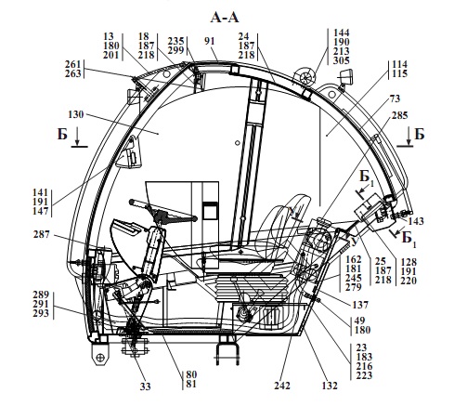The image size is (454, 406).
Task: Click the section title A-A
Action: [x=225, y=18]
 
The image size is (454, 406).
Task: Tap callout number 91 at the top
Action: [x=210, y=41]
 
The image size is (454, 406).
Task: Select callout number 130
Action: [x=76, y=114]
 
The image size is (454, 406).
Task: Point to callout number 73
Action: [x=395, y=98]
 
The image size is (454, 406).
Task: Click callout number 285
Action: [x=400, y=115]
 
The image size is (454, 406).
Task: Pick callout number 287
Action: [x=42, y=234]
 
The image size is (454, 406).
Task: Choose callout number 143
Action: [x=416, y=221]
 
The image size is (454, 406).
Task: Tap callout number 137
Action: [x=360, y=305]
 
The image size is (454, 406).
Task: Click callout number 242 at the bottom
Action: [x=282, y=386]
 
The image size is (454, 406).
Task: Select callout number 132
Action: [x=330, y=386]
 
